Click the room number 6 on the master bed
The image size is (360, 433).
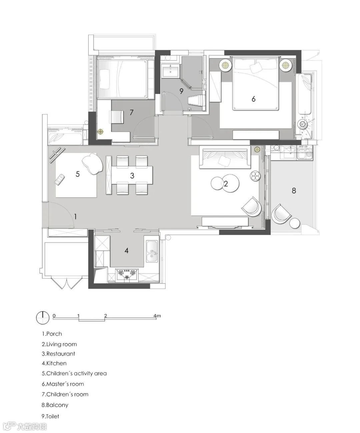pyautogui.click(x=253, y=99)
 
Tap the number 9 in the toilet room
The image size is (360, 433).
pyautogui.click(x=181, y=91)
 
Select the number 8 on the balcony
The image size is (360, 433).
pyautogui.click(x=294, y=191)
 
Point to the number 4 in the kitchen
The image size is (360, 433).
pyautogui.click(x=126, y=251)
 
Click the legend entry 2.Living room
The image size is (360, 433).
pyautogui.click(x=59, y=344)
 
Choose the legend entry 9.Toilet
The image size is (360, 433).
pyautogui.click(x=50, y=416)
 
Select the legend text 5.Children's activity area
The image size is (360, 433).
pyautogui.click(x=74, y=373)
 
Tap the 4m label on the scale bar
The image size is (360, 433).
pyautogui.click(x=157, y=316)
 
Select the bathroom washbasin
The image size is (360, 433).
pyautogui.click(x=170, y=71)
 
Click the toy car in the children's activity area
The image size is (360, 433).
pyautogui.click(x=60, y=179)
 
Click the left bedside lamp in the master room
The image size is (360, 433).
pyautogui.click(x=225, y=65)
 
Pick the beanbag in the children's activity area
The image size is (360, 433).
pyautogui.click(x=92, y=164)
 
